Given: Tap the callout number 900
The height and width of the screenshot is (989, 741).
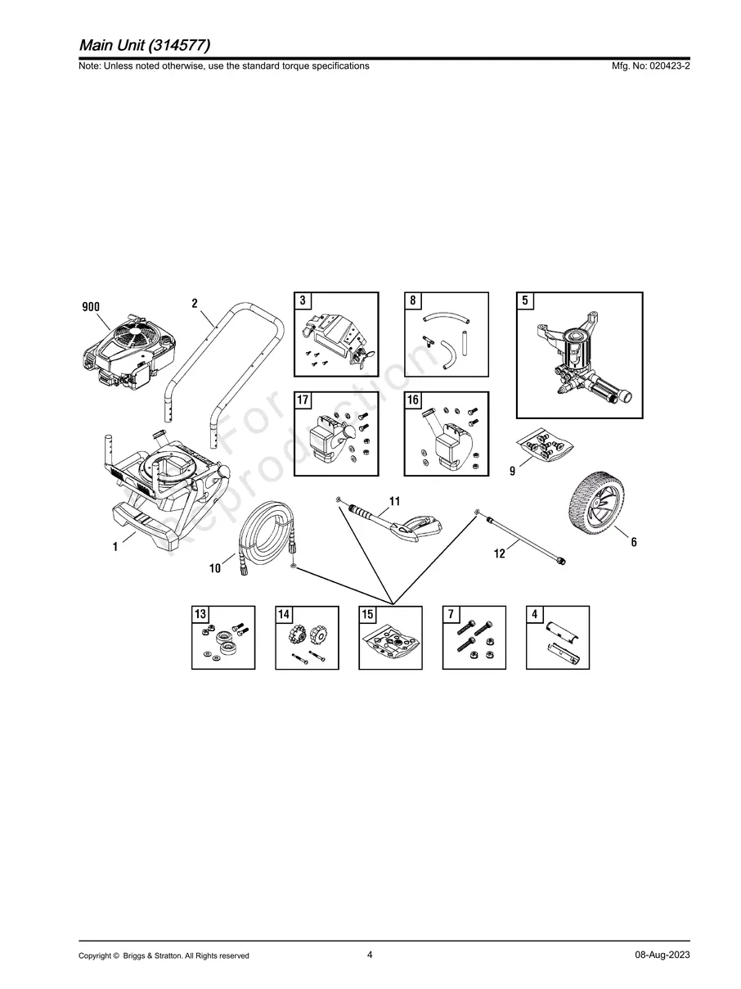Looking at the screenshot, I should (x=91, y=307).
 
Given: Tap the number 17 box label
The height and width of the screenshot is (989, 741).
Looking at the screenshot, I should (x=303, y=400).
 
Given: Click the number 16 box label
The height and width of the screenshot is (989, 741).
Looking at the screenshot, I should (x=413, y=400).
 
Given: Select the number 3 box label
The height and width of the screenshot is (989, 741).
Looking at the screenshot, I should (x=303, y=300).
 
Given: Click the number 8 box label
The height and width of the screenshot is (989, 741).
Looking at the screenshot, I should (x=413, y=300).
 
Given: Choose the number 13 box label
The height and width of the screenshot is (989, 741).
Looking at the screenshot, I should (x=200, y=614).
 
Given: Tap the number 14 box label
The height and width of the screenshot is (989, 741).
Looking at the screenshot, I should (x=284, y=614).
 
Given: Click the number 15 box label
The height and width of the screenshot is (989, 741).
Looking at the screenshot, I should (x=368, y=614).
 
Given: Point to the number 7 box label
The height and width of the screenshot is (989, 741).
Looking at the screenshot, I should (x=451, y=614).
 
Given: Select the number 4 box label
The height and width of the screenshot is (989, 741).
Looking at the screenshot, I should (x=534, y=614).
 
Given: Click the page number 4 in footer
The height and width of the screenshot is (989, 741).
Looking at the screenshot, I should (x=370, y=954).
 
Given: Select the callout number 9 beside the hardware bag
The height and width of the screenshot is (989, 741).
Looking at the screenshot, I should (x=512, y=471).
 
